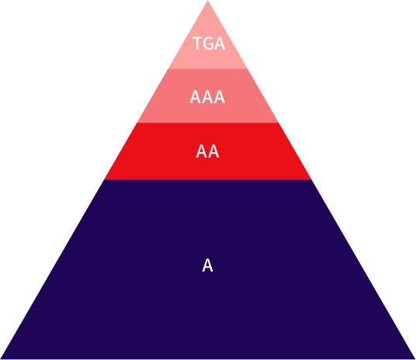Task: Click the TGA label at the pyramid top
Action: (x=209, y=43)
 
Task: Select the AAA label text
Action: (x=207, y=97)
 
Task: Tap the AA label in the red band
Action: (x=207, y=151)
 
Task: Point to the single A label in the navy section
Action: (x=207, y=265)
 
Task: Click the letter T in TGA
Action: (x=197, y=43)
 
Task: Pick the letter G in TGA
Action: (x=209, y=43)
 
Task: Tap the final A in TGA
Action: (x=220, y=43)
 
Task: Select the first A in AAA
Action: (x=196, y=97)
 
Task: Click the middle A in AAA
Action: (x=207, y=97)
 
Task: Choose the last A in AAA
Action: (x=220, y=97)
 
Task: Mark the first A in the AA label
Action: (x=202, y=151)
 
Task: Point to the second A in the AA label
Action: (x=213, y=151)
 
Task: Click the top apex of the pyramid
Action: (x=208, y=1)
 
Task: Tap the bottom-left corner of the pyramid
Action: (x=1, y=359)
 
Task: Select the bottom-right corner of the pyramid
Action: (x=415, y=359)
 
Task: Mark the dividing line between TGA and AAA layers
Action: (x=208, y=69)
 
